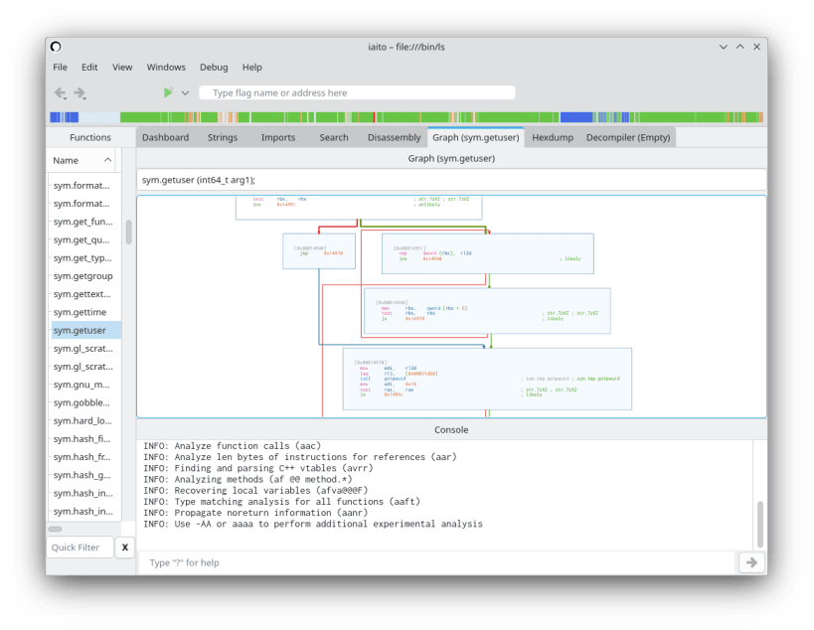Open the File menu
tap(60, 68)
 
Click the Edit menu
tap(89, 68)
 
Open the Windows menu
tap(166, 68)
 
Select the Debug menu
tap(214, 68)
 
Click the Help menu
tap(252, 68)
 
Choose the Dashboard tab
tap(165, 137)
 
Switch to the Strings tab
tap(223, 137)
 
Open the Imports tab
tap(278, 137)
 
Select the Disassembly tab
tap(394, 137)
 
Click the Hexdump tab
tap(553, 137)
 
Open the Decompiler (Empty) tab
tap(628, 137)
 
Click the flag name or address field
tap(358, 92)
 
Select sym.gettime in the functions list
tap(80, 312)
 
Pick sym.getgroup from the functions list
tap(82, 276)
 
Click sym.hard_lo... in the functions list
tap(81, 420)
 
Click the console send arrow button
tap(751, 562)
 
